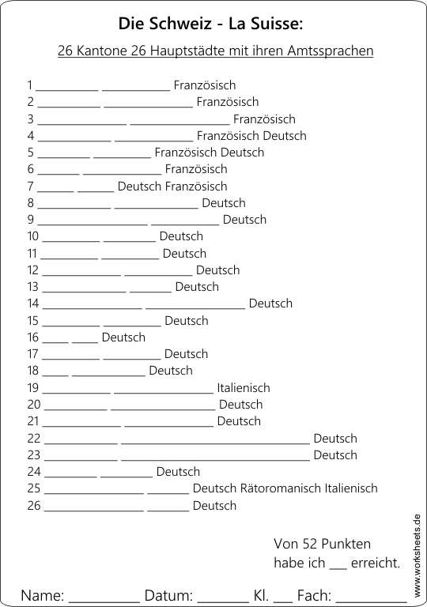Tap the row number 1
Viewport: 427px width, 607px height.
pyautogui.click(x=30, y=85)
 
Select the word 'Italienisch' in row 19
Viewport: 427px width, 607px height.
pyautogui.click(x=244, y=388)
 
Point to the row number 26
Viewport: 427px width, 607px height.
pyautogui.click(x=34, y=506)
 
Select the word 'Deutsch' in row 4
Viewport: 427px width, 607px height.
pyautogui.click(x=285, y=136)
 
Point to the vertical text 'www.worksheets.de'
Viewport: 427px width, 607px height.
pyautogui.click(x=417, y=554)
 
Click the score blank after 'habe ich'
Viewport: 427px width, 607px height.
pyautogui.click(x=338, y=567)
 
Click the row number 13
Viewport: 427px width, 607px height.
pyautogui.click(x=33, y=287)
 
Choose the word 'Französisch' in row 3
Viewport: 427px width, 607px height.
pyautogui.click(x=265, y=119)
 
